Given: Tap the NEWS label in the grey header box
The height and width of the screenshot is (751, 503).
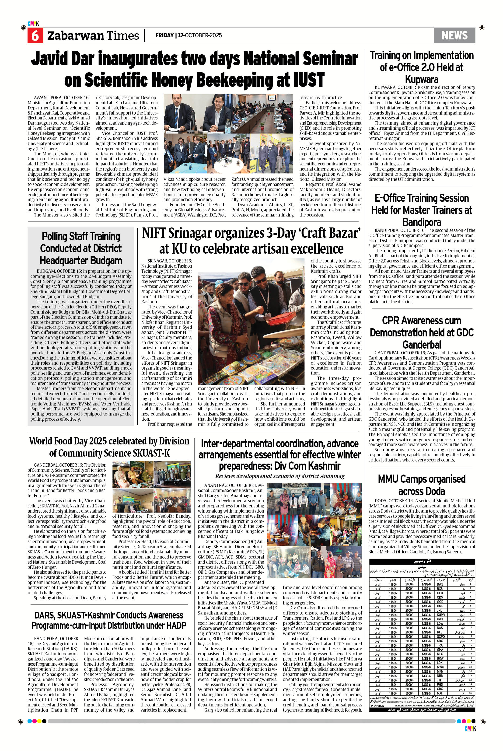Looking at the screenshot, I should [454, 35].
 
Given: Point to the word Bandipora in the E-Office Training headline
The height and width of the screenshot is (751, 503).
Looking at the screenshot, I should [422, 222].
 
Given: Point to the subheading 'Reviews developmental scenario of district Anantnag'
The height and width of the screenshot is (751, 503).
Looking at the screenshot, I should [279, 476].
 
